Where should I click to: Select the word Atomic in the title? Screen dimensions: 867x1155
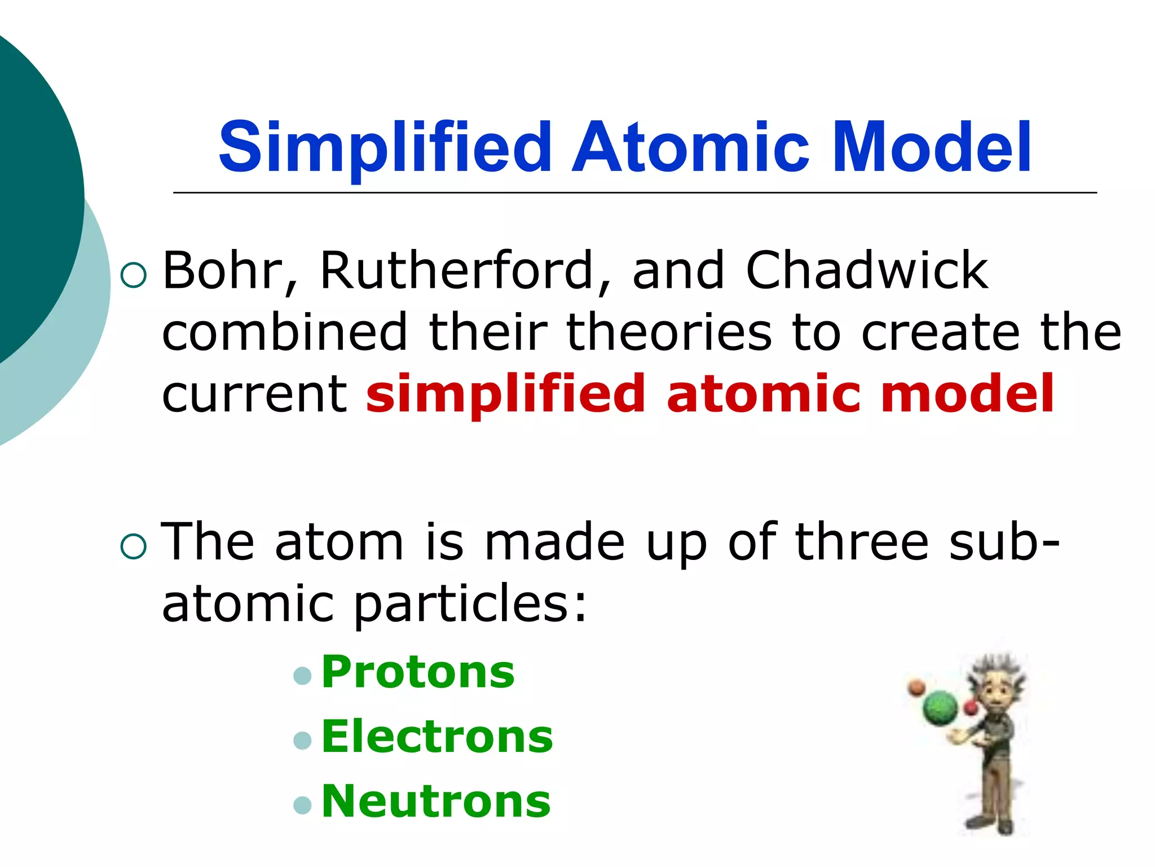691,148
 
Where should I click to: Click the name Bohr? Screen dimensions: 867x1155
223,271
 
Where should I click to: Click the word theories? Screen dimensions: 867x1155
669,332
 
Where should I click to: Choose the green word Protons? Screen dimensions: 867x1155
418,672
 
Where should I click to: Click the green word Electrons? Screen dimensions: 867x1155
437,737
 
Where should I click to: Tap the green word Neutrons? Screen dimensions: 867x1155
436,802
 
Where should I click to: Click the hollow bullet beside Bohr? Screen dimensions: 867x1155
134,275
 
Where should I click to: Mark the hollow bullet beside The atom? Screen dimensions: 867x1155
134,546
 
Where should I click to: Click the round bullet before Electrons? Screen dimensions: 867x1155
303,740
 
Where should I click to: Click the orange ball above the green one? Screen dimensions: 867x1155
916,687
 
